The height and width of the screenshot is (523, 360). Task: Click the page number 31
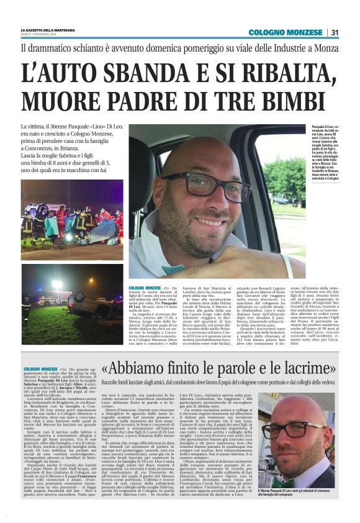[335, 32]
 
